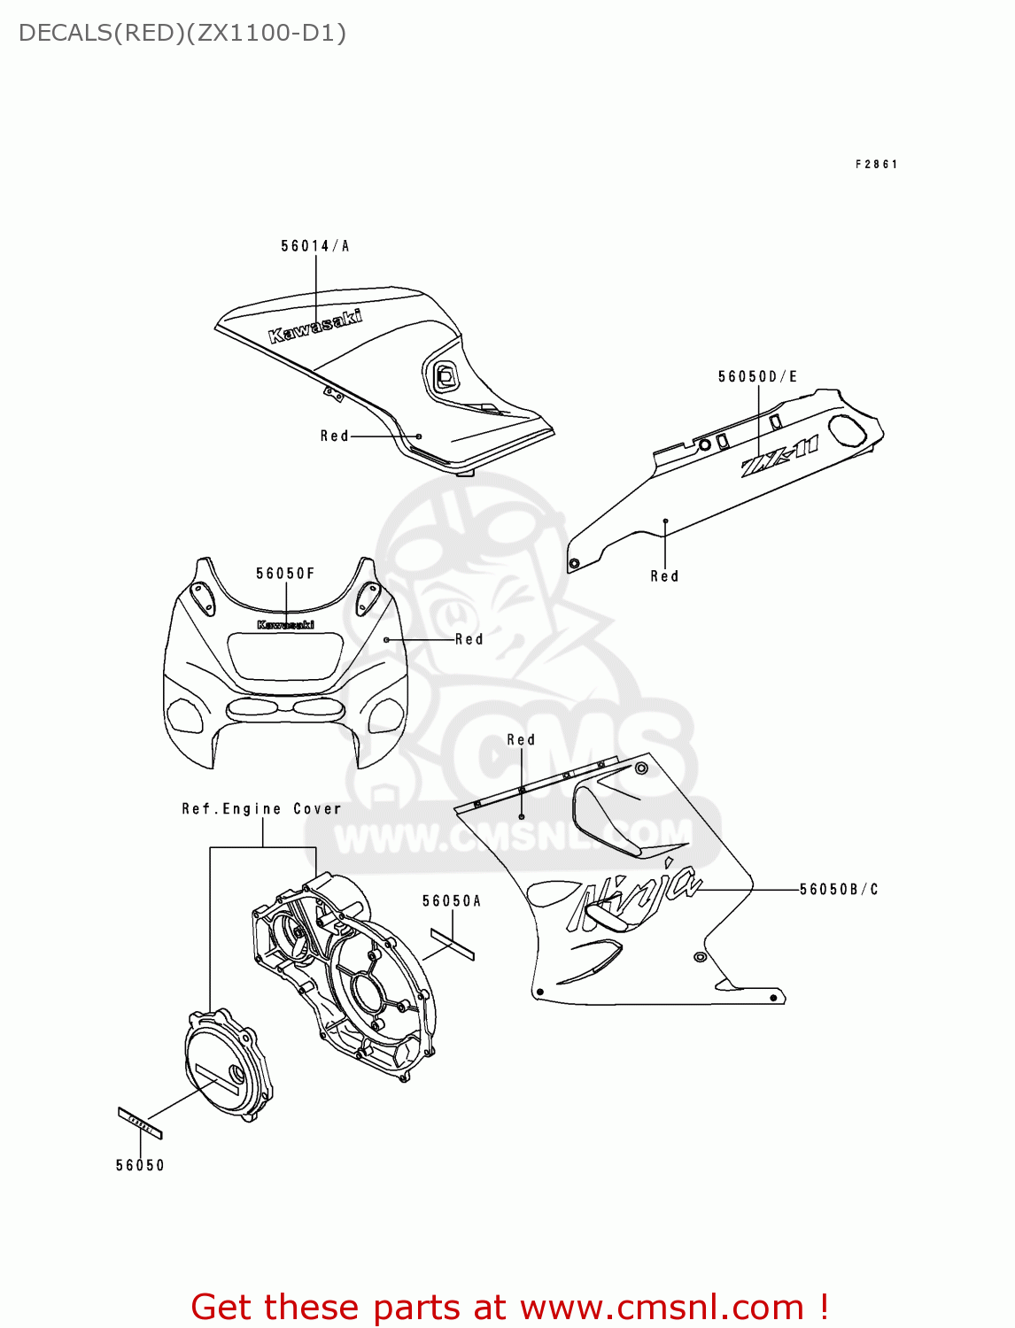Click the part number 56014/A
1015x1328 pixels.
click(x=315, y=246)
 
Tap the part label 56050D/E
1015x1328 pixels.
click(x=757, y=377)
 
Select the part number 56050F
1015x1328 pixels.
click(x=285, y=574)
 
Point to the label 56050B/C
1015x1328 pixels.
click(x=839, y=890)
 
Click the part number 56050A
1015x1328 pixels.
click(x=452, y=901)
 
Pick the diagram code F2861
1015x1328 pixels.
click(x=877, y=165)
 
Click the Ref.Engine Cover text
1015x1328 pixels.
click(x=261, y=809)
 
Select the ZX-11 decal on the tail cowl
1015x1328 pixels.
click(x=779, y=457)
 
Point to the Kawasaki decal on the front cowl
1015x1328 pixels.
click(x=285, y=625)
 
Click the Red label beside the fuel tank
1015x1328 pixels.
click(x=335, y=436)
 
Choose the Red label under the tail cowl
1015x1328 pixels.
click(x=664, y=576)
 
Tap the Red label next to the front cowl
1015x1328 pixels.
click(x=469, y=639)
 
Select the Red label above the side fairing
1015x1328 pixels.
click(x=521, y=740)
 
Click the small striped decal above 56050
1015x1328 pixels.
click(x=140, y=1123)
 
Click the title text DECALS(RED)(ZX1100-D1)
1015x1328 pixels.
click(x=182, y=34)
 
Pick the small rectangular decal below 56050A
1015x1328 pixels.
click(x=453, y=944)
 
